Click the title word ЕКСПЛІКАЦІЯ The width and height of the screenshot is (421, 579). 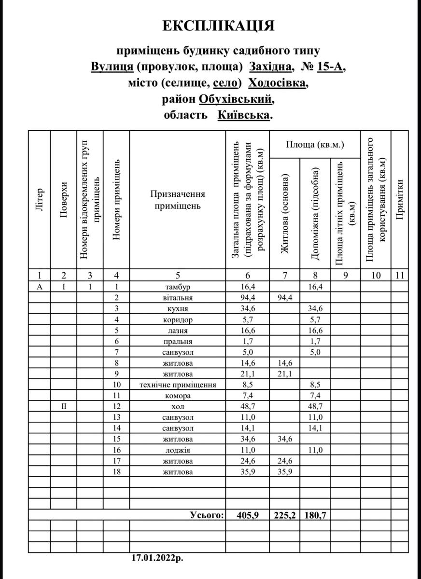[x=218, y=26]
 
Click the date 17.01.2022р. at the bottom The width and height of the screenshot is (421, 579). [x=157, y=558]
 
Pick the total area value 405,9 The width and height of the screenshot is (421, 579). [x=248, y=515]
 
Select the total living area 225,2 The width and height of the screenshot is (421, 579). [x=285, y=515]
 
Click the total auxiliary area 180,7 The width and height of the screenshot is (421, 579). [x=315, y=515]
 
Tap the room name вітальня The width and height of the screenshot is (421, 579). [x=178, y=298]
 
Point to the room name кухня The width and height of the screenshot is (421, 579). [x=178, y=309]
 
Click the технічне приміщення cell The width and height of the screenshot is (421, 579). [x=178, y=385]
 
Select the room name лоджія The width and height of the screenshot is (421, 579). [x=178, y=450]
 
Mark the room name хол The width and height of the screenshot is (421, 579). [x=178, y=407]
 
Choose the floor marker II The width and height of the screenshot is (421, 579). [x=64, y=407]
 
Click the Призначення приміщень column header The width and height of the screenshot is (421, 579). [x=178, y=200]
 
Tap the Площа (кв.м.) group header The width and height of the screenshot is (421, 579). [x=315, y=144]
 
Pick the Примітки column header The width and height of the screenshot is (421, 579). [x=399, y=200]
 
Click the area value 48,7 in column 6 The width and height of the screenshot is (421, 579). [x=248, y=407]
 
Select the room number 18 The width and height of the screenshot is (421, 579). [x=116, y=472]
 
